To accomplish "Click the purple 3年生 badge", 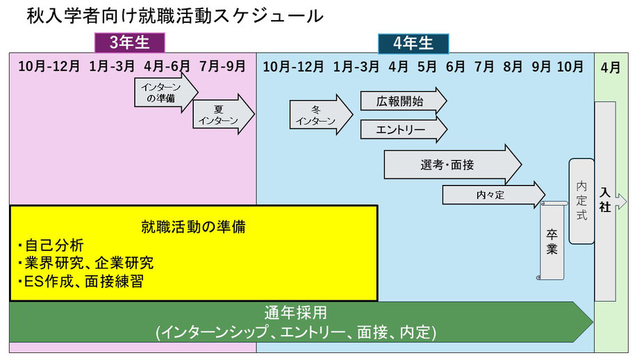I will (130, 43).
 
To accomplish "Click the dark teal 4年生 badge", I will (413, 43).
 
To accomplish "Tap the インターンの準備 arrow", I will (165, 92).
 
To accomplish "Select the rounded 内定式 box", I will (581, 201).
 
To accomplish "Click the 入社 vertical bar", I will (606, 202).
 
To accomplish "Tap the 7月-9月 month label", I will (222, 67).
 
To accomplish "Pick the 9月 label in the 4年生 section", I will (541, 67).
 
